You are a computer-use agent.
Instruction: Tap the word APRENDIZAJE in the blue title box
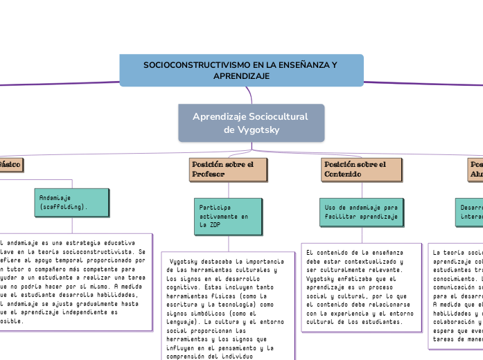(241, 75)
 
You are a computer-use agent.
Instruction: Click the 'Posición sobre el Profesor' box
(228, 170)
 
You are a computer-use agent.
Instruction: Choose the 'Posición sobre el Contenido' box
(362, 170)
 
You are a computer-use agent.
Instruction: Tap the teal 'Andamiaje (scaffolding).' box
(71, 201)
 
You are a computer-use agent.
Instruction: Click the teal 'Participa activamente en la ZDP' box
(228, 216)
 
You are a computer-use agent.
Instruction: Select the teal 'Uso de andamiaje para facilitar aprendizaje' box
(361, 212)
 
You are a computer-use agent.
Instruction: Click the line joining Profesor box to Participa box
(228, 190)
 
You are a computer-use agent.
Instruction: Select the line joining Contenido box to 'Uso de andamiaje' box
(362, 190)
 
